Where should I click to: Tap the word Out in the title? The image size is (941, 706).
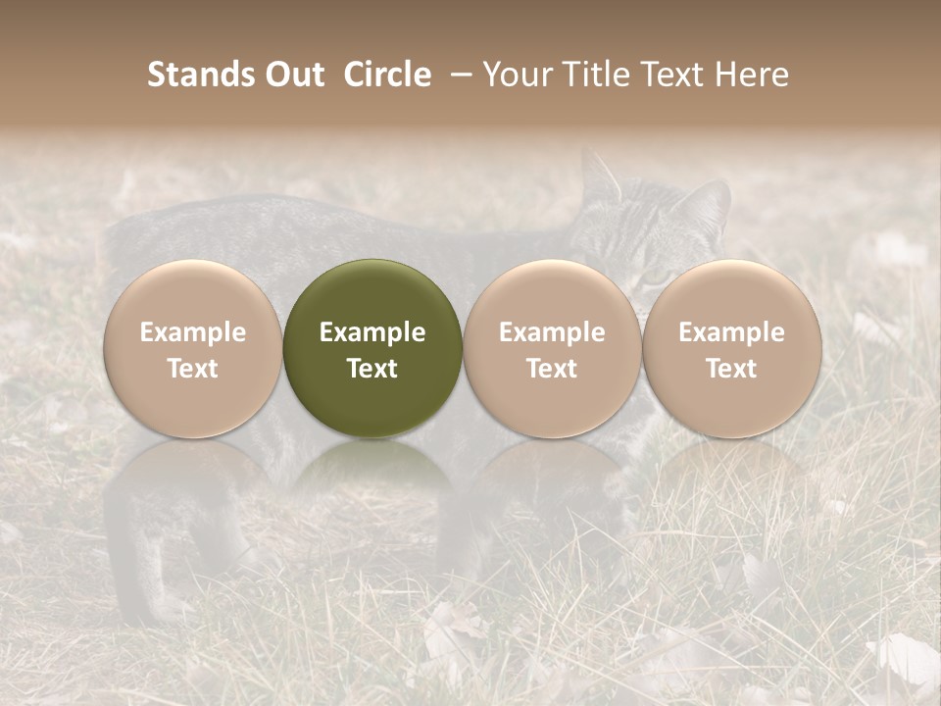pyautogui.click(x=289, y=75)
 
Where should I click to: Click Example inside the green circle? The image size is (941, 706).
pyautogui.click(x=372, y=332)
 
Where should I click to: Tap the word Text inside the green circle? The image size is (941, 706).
pyautogui.click(x=372, y=369)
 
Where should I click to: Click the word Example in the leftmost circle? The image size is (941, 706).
pyautogui.click(x=193, y=332)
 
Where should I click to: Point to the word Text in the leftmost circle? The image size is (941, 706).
pyautogui.click(x=193, y=369)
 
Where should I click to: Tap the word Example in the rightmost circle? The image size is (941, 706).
pyautogui.click(x=732, y=332)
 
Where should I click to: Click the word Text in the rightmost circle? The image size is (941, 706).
pyautogui.click(x=732, y=369)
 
